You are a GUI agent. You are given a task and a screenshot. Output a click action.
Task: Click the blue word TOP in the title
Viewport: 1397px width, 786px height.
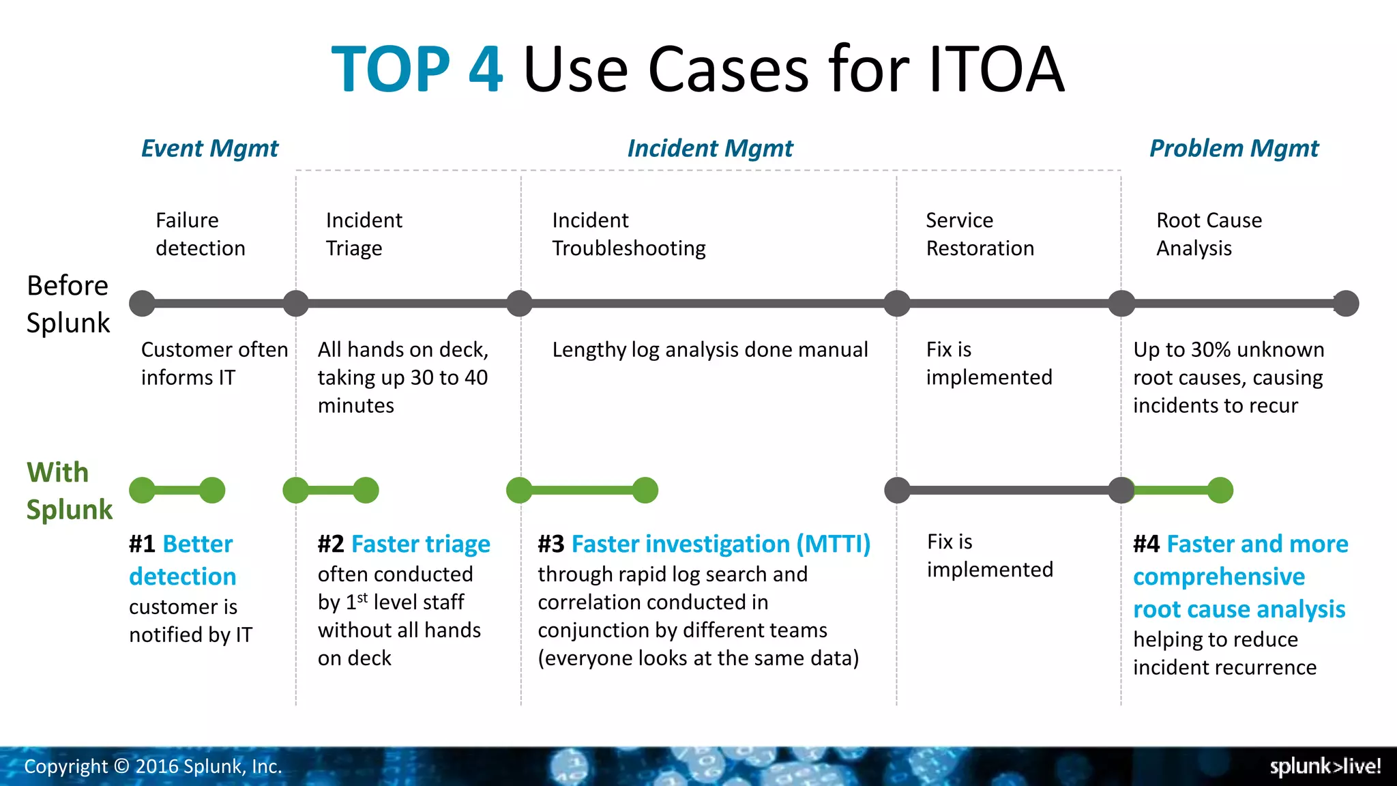390,70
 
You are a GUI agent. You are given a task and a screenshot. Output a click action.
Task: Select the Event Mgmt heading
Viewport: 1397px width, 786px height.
209,149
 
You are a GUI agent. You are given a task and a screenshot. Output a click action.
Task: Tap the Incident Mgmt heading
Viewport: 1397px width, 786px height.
709,149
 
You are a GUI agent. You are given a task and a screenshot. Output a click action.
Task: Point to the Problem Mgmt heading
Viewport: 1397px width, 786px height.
1233,149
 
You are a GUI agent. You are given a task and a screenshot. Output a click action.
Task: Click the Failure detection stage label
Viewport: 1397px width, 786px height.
200,234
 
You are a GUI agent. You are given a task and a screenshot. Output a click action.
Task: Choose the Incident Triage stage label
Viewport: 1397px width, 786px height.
364,234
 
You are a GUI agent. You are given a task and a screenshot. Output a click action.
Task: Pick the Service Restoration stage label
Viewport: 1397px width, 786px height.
980,234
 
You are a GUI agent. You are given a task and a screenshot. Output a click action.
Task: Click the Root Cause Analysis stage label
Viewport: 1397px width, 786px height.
1209,234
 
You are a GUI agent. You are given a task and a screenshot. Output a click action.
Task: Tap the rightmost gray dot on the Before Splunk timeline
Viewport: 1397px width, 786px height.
1346,304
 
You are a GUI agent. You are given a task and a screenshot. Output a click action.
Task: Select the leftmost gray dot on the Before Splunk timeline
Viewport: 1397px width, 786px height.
142,304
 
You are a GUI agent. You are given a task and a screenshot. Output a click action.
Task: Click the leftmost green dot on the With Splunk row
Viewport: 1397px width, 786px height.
142,490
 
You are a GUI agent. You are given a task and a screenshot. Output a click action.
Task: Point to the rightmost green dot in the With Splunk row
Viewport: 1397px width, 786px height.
1220,490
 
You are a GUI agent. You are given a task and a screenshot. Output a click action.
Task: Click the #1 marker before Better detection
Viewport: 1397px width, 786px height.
142,544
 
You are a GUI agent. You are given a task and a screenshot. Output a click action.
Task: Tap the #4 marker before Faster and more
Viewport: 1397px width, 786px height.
1146,544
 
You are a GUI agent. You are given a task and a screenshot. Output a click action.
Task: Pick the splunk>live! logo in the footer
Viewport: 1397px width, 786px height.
1325,766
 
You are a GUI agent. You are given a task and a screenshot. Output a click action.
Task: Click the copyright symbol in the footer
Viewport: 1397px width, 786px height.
121,767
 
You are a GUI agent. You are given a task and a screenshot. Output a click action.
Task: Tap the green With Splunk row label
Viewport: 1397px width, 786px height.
69,491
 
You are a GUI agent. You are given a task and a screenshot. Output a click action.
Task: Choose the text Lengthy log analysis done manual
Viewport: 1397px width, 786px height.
709,350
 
